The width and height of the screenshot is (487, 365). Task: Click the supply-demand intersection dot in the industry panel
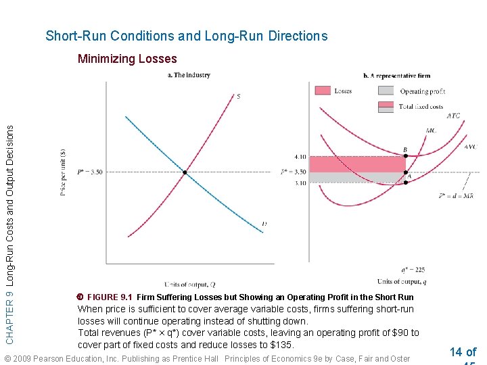tap(185, 172)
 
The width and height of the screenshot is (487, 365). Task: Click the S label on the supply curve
tap(238, 96)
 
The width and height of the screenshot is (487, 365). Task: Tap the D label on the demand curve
tap(264, 224)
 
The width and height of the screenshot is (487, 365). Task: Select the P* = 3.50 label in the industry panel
tap(90, 172)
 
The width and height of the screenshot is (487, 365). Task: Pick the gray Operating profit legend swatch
tap(386, 91)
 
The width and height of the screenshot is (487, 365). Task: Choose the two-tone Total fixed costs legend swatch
tap(386, 106)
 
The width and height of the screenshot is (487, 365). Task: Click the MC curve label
tap(431, 130)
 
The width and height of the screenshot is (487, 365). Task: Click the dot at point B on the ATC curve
tap(405, 157)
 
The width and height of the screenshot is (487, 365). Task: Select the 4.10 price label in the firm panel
tap(300, 157)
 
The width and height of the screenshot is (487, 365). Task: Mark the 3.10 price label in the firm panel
tap(300, 183)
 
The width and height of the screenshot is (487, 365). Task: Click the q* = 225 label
tap(412, 269)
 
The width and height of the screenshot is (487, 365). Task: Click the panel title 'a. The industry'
tap(189, 75)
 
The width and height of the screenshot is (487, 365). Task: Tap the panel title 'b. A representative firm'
tap(396, 76)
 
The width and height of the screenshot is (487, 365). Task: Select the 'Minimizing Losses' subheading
tap(127, 59)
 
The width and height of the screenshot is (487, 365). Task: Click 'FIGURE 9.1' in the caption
tap(109, 297)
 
